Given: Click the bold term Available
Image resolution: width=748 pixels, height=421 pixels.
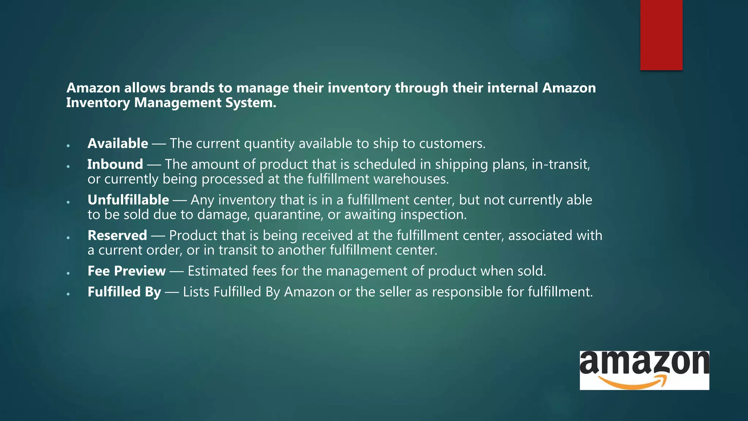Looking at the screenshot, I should (x=118, y=144).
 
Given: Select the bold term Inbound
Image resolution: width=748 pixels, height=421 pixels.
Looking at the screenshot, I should (x=115, y=164).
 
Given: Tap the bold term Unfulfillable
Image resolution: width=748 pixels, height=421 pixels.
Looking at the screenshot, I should (x=128, y=200).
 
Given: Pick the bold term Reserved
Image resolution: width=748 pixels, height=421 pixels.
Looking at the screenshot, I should (x=117, y=235).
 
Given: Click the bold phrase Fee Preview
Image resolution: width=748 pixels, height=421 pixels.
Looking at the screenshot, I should (x=126, y=271).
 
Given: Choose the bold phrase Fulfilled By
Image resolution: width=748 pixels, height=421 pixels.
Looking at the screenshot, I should (x=124, y=292).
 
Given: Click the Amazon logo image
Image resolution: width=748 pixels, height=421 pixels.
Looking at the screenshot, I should (x=644, y=370).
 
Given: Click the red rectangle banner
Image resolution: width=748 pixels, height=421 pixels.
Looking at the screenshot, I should (x=661, y=35).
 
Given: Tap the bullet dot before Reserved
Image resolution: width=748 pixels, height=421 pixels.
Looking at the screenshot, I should (x=68, y=238).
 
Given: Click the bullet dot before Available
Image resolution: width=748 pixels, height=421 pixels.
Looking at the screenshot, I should (x=68, y=146).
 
